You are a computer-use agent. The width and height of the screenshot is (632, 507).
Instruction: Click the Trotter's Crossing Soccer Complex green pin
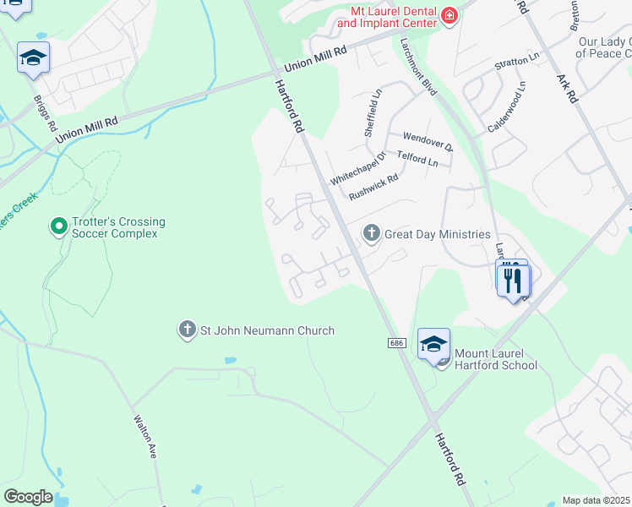(58, 226)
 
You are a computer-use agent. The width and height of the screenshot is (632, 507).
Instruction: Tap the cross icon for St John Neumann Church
(187, 330)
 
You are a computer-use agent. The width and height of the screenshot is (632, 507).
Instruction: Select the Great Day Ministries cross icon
(371, 233)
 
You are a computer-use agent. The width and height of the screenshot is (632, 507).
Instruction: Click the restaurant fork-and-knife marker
(512, 279)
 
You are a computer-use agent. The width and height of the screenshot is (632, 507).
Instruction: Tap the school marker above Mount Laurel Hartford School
(433, 344)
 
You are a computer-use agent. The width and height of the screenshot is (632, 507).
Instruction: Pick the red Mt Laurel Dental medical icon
(448, 16)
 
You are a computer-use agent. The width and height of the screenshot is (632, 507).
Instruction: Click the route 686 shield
(397, 343)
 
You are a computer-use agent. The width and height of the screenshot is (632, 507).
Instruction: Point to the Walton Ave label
(144, 435)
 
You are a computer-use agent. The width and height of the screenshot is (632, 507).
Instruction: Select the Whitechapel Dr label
(357, 169)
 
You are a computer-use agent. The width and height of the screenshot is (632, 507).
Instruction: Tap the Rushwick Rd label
(373, 186)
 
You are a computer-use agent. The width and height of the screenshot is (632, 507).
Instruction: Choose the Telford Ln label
(417, 158)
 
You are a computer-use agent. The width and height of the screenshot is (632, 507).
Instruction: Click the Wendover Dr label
(428, 140)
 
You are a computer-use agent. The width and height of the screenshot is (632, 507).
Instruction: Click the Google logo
(28, 497)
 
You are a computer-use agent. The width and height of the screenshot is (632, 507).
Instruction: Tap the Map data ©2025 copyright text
(596, 500)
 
